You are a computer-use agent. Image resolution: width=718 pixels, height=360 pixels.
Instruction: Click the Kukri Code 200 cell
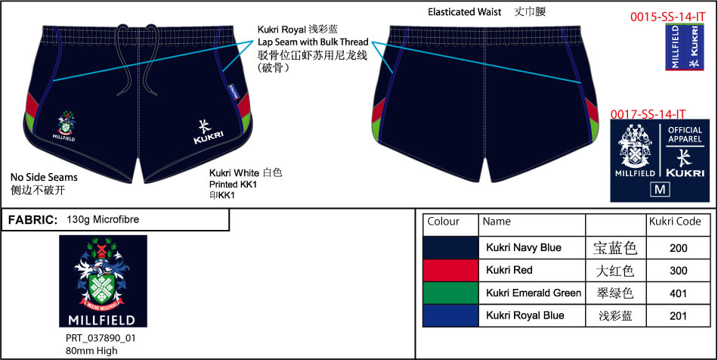tap(679, 247)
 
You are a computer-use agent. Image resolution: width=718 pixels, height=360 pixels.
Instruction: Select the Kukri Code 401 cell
tap(679, 293)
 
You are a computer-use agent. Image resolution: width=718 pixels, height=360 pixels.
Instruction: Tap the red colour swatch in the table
tap(450, 270)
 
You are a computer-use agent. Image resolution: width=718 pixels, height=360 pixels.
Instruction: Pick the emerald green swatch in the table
tap(450, 293)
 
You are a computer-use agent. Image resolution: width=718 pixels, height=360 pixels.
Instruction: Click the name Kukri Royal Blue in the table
tap(524, 315)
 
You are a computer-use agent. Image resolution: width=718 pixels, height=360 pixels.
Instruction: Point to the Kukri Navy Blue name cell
tap(524, 247)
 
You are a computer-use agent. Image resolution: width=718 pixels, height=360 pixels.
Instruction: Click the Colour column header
tap(444, 222)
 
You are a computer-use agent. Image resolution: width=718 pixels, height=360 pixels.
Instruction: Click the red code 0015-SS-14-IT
tap(662, 16)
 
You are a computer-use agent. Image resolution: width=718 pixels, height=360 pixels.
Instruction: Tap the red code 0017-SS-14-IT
tap(648, 113)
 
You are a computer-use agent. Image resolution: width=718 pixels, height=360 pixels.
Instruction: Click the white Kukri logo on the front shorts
tap(206, 132)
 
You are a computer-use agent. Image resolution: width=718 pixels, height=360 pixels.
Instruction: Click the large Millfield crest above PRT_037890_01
tap(103, 280)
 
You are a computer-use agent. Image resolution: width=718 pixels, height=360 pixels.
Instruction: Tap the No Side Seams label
tap(44, 177)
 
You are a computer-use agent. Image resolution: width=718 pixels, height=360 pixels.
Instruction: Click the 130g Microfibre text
tap(103, 219)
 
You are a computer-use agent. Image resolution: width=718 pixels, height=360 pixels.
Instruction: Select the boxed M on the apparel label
tap(660, 188)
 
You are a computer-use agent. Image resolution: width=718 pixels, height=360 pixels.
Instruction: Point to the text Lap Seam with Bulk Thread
tap(313, 42)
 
